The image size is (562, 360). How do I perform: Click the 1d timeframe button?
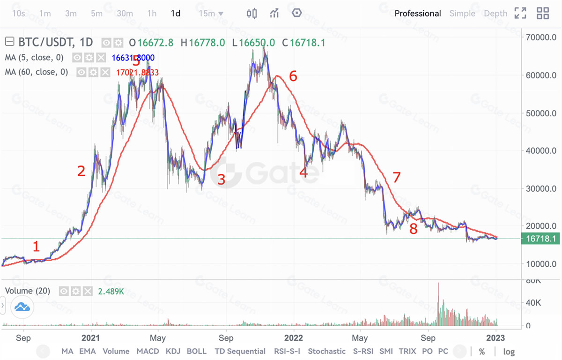[176, 14]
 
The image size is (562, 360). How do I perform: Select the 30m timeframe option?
[125, 14]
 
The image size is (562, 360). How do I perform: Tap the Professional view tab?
[418, 14]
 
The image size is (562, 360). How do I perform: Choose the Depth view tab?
[495, 14]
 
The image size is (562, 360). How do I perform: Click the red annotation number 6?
[293, 76]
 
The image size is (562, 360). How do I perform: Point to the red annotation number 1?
[36, 246]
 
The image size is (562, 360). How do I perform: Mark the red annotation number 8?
[413, 229]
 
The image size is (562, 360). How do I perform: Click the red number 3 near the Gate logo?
[221, 179]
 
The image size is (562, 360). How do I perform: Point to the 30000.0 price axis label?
[541, 189]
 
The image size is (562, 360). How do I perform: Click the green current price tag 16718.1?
[541, 239]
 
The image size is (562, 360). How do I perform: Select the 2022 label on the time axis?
[294, 337]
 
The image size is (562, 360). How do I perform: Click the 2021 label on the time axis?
[90, 337]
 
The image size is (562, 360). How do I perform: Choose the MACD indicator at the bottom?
[148, 351]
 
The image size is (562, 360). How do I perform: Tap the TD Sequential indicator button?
[240, 351]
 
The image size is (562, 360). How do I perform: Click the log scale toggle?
[509, 351]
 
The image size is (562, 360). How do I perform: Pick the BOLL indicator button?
[197, 351]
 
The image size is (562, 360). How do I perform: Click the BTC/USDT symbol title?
[46, 43]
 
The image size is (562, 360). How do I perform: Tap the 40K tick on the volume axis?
[533, 303]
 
